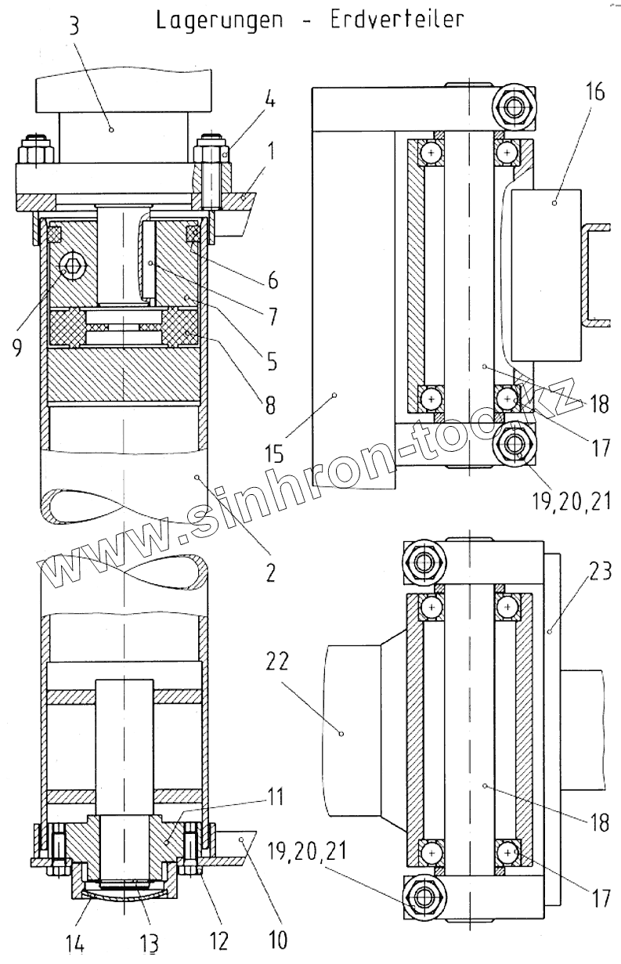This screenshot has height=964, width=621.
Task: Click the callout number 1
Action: coord(270,150)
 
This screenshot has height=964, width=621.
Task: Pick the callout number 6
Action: coord(271,280)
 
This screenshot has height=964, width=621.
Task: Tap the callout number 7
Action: coord(270,316)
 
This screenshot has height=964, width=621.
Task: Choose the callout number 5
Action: coord(271,361)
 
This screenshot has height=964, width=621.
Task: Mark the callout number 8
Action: coord(271,406)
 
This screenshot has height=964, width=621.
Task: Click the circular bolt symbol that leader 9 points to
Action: coord(73,266)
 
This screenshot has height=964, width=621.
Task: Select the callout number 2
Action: coord(270,572)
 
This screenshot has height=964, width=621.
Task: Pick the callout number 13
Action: coord(149,944)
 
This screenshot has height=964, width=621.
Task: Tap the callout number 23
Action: coord(600,573)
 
